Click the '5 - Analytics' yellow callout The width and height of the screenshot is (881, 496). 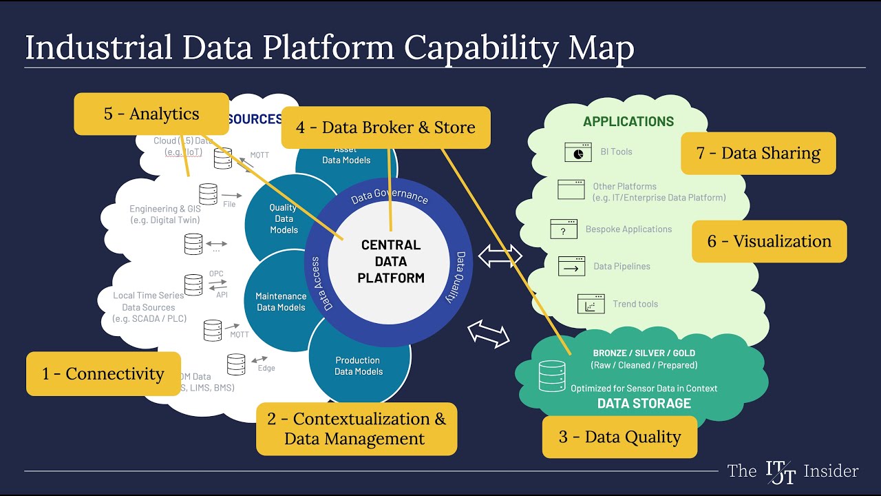click(151, 114)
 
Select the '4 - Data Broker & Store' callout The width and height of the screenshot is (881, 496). click(385, 127)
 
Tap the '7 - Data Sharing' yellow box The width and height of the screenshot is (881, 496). click(758, 153)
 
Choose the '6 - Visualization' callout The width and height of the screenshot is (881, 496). click(769, 241)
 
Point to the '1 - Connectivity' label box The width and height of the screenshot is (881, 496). click(103, 374)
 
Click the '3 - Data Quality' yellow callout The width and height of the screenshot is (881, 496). click(619, 437)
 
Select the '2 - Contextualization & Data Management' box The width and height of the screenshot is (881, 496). click(356, 428)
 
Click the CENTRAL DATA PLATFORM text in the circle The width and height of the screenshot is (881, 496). click(391, 262)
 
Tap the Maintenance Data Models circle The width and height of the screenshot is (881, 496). click(281, 302)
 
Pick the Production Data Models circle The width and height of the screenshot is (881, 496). click(359, 366)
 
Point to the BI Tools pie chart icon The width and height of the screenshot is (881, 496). click(577, 152)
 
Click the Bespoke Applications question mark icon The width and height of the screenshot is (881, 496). click(564, 229)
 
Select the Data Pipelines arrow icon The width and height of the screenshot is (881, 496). click(571, 266)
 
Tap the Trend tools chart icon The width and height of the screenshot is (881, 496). click(591, 304)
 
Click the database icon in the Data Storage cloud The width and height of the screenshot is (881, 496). click(552, 376)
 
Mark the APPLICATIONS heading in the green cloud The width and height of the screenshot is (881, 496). click(628, 122)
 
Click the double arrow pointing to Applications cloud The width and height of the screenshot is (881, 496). click(500, 257)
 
